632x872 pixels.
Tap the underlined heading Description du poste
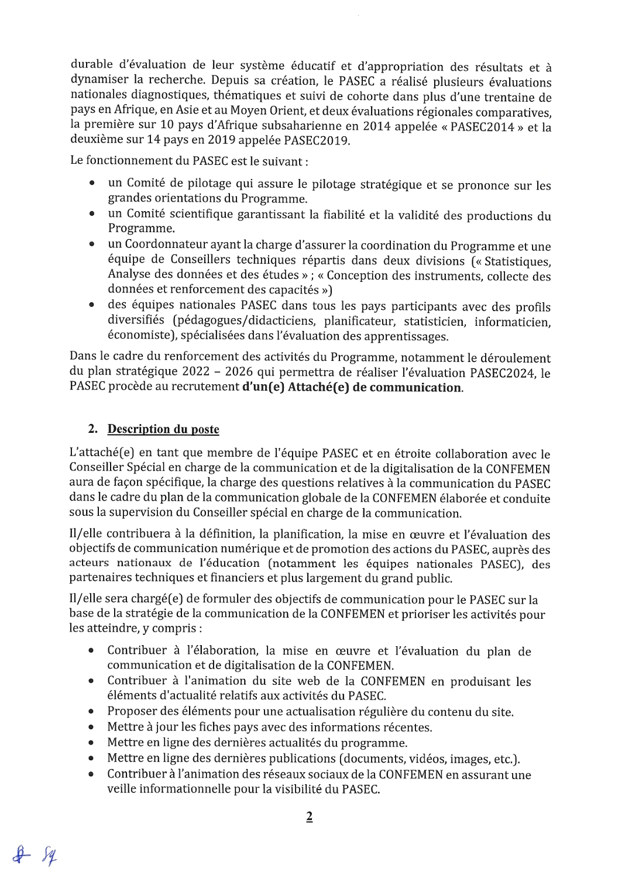click(163, 429)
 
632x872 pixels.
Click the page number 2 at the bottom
click(310, 817)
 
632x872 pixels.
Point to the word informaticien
click(512, 322)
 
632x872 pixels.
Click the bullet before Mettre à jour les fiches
click(91, 728)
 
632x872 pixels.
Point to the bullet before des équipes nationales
click(92, 305)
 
